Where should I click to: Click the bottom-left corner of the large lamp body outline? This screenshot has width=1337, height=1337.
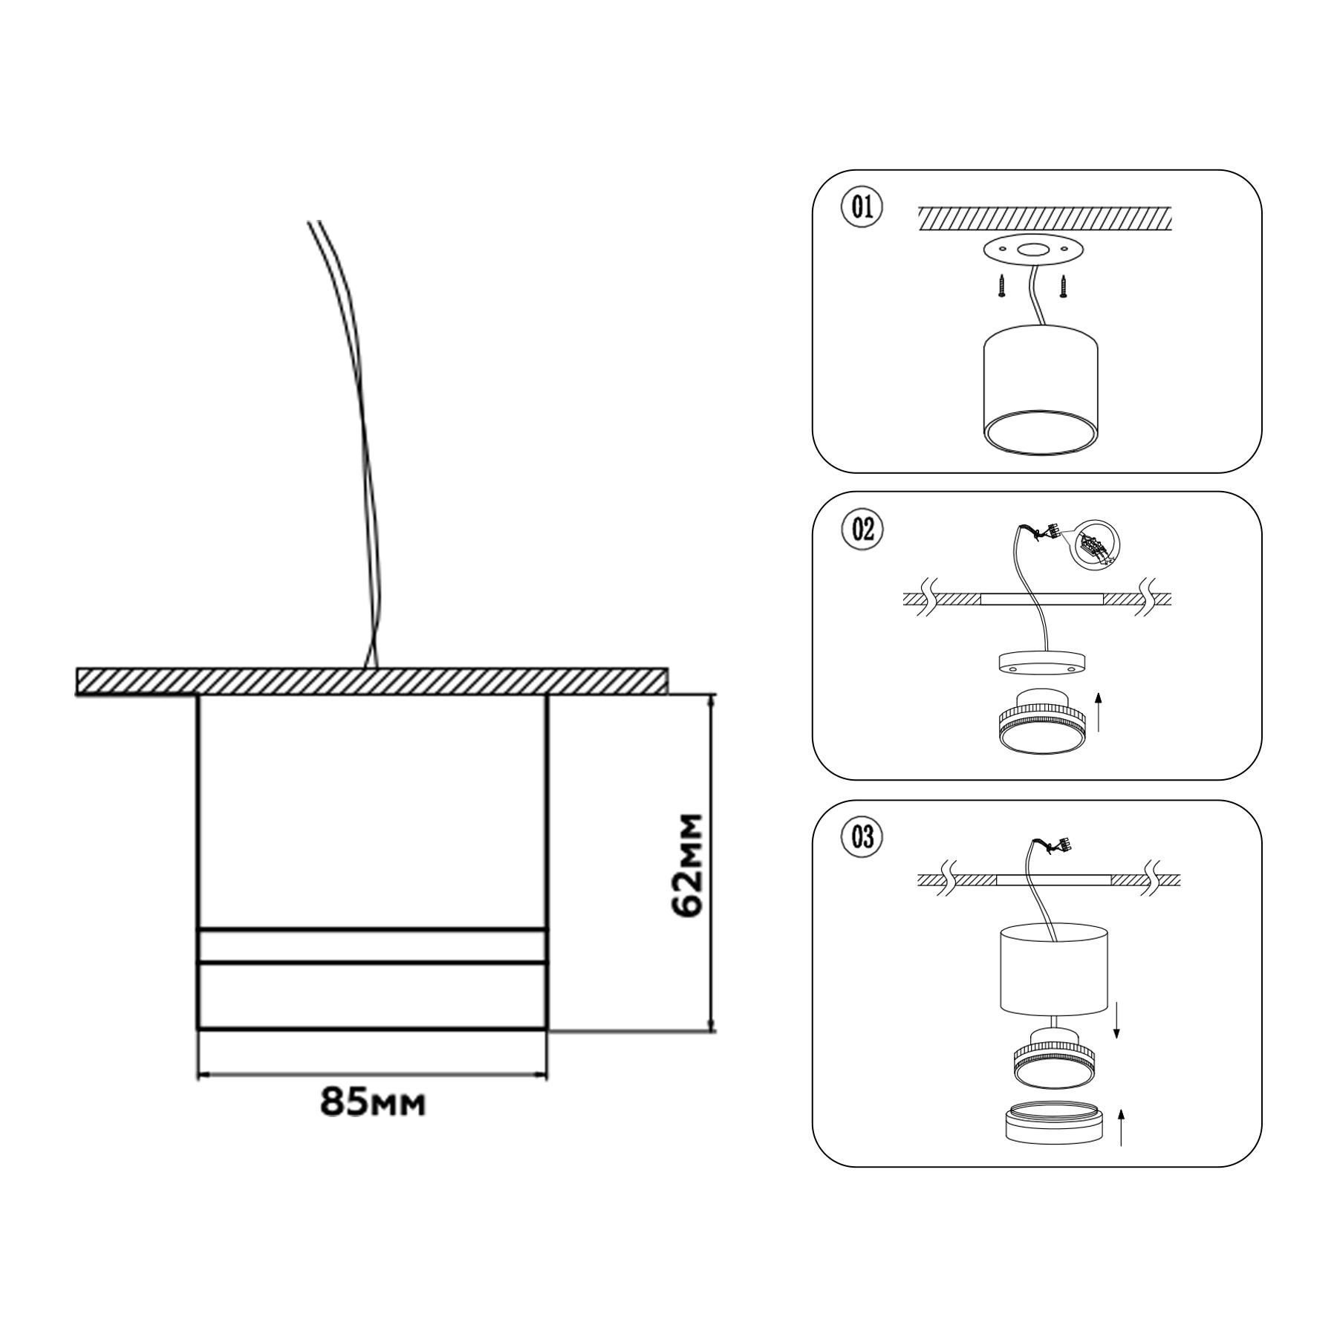pos(198,1029)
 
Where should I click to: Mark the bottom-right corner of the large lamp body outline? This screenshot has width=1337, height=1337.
pos(547,1029)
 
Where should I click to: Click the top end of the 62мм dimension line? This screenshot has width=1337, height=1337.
pos(713,694)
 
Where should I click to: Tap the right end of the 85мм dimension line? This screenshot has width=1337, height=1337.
pos(547,1074)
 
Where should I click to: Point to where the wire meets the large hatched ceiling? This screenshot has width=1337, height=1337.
pos(371,668)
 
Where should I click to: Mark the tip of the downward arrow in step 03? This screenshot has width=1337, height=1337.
pos(1115,1040)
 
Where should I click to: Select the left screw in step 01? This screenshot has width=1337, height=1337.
pos(1001,286)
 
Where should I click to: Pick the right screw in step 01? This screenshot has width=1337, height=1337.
pos(1064,286)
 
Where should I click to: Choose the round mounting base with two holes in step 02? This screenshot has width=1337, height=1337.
pos(1042,663)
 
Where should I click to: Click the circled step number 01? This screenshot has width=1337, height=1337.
pos(862,207)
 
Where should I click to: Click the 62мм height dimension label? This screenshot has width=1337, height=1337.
pos(686,866)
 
